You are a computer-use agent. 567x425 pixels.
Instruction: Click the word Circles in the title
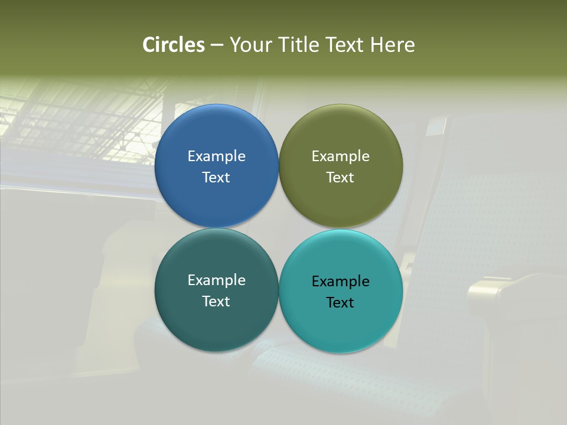pos(173,45)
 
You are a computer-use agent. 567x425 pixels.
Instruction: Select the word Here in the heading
pos(392,45)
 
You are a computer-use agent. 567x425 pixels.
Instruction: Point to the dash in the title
pos(217,45)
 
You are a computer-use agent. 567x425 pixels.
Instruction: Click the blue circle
pos(216,136)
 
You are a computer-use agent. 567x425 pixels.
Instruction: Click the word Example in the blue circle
pos(216,156)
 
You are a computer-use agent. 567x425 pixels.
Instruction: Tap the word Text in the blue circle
pos(216,178)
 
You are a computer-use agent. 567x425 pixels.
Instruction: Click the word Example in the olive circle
pos(340,156)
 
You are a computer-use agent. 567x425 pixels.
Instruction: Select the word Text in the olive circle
pos(340,178)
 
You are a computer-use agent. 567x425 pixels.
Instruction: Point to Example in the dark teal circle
pos(216,280)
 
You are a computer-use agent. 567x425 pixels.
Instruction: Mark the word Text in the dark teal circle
pos(216,302)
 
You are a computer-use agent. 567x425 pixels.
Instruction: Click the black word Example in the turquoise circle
pos(340,282)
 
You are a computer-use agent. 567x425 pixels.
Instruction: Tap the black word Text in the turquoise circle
pos(340,303)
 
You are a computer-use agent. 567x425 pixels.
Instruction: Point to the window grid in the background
pos(89,118)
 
